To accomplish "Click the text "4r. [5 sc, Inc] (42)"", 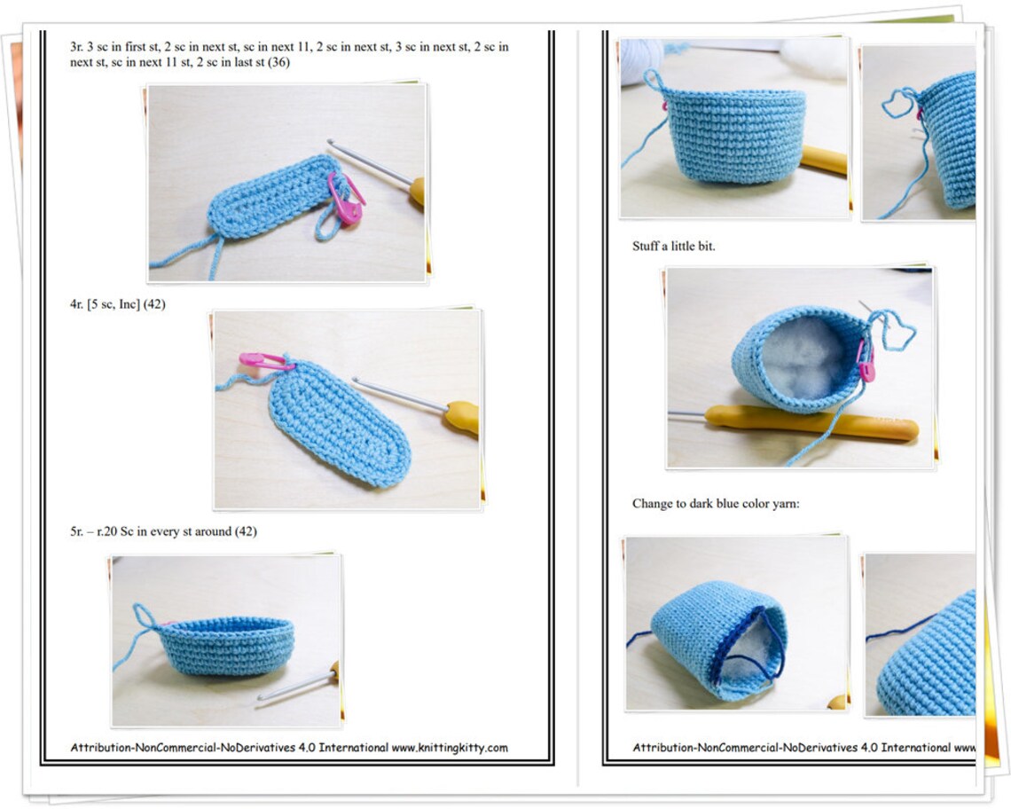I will (117, 304).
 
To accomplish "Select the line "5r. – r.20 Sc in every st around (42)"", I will (163, 531).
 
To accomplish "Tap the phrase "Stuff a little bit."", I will (673, 246).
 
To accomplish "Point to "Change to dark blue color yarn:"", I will (716, 503).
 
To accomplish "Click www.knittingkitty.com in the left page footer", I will (450, 748).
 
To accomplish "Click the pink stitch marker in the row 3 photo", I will (347, 199).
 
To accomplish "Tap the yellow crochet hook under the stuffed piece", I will (811, 421).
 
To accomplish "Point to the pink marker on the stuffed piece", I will (866, 364).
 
